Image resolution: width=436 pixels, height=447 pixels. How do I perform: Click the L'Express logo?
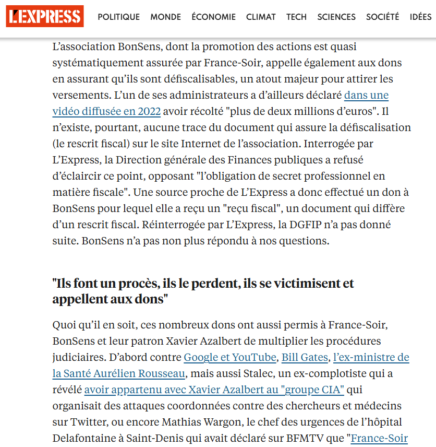click(45, 17)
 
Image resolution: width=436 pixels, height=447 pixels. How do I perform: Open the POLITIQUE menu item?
click(119, 17)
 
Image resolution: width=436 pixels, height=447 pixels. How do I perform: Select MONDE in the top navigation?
click(166, 17)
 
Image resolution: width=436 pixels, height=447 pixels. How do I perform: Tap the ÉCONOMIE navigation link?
click(213, 17)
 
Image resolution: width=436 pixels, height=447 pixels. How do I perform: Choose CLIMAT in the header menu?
click(261, 17)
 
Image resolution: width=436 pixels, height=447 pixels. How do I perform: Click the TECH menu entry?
click(296, 17)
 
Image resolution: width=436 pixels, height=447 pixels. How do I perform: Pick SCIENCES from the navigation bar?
click(336, 17)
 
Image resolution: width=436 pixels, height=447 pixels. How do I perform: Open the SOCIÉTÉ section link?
click(382, 17)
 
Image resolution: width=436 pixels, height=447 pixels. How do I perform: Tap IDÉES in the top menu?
click(420, 17)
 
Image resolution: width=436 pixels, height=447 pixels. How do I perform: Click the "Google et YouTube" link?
click(230, 358)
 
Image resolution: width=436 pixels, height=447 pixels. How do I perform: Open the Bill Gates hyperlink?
click(305, 358)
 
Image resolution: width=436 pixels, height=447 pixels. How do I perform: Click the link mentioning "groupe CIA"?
click(214, 390)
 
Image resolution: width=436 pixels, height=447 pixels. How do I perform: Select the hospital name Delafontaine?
click(84, 438)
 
